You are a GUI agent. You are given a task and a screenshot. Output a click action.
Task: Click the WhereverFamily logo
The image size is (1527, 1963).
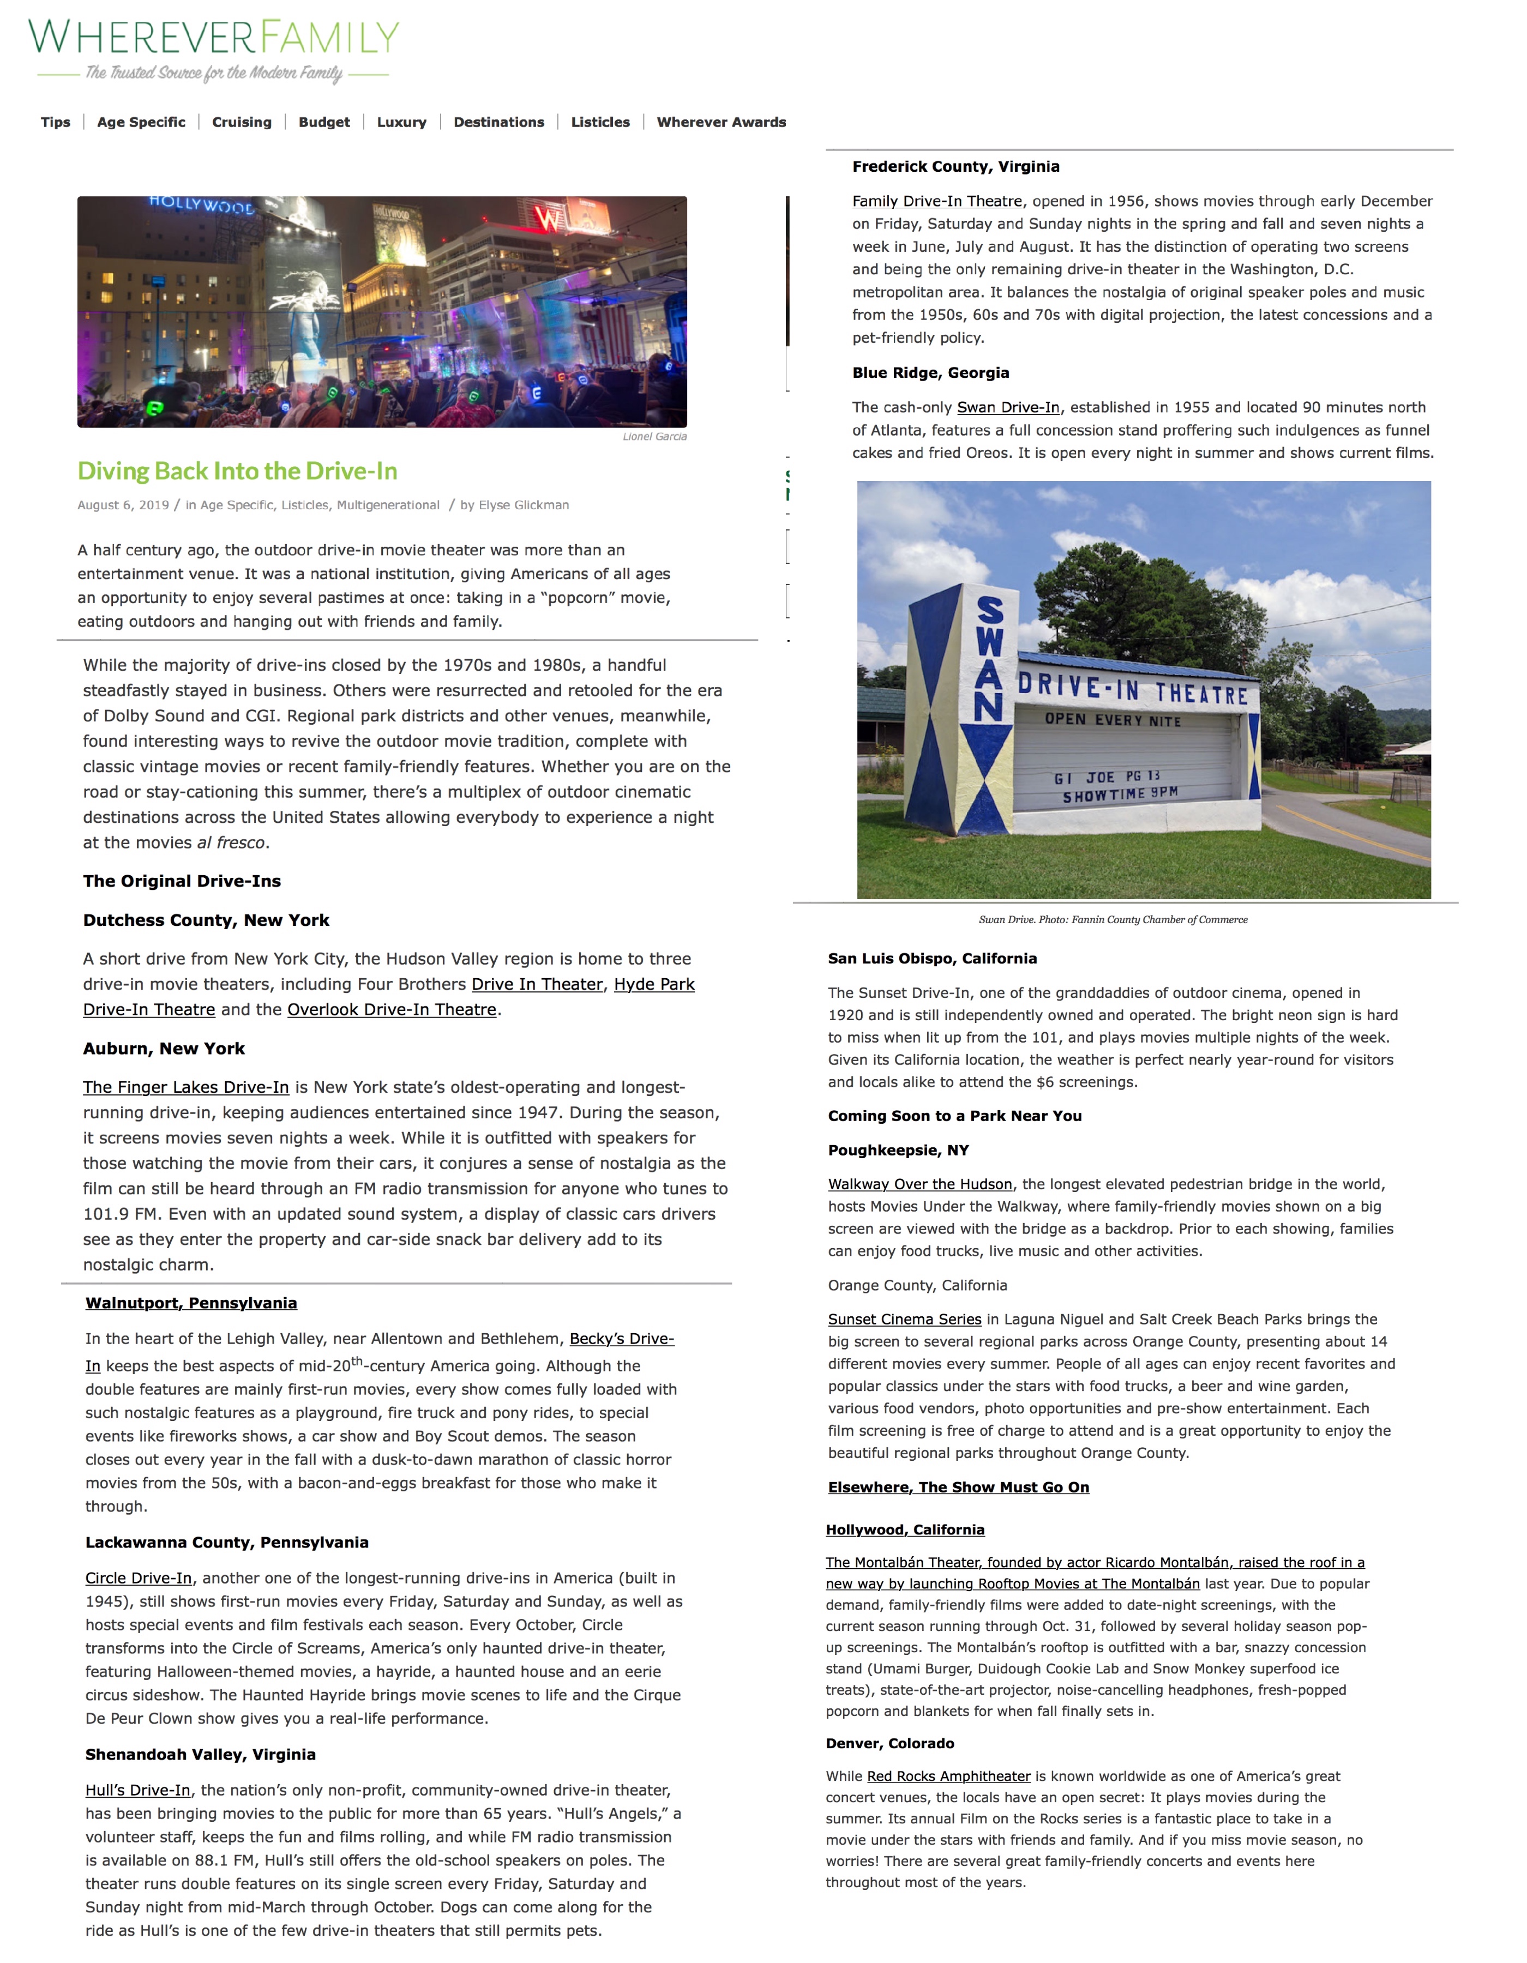214,50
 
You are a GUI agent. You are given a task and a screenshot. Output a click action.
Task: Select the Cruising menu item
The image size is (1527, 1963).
242,122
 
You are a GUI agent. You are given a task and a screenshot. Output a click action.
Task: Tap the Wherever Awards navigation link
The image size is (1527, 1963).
721,122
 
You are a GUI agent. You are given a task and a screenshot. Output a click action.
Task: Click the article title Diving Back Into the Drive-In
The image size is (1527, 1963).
237,471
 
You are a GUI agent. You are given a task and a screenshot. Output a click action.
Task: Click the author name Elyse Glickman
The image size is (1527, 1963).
524,505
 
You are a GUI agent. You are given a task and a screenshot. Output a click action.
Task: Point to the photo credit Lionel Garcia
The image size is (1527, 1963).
654,437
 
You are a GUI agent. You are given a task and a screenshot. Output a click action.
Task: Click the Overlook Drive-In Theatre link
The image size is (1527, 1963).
392,1009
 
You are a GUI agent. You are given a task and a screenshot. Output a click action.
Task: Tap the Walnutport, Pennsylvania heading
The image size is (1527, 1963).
191,1303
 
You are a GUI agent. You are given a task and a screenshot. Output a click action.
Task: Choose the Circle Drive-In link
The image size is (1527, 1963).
139,1579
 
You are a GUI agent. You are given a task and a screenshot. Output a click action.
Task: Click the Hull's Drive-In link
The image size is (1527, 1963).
137,1791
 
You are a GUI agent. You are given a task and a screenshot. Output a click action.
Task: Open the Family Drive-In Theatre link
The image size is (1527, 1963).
937,201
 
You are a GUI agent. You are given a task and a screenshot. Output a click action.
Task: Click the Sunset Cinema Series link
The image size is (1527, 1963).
904,1320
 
